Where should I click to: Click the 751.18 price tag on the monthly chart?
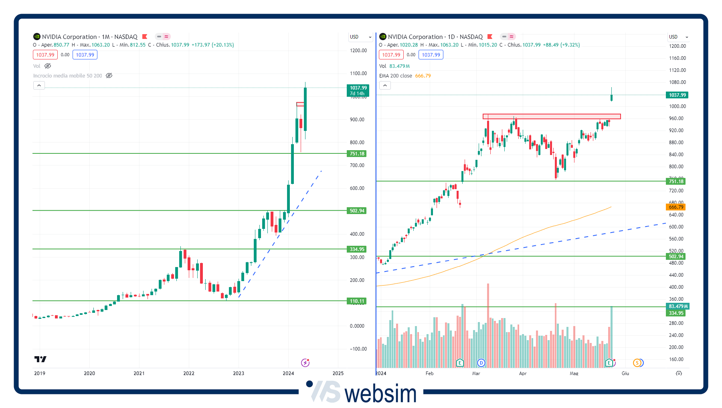pyautogui.click(x=356, y=154)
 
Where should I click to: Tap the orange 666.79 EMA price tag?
pyautogui.click(x=676, y=207)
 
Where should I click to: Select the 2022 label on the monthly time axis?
pyautogui.click(x=189, y=373)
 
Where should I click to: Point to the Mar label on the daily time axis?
pyautogui.click(x=476, y=373)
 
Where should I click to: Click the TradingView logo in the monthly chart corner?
pyautogui.click(x=40, y=359)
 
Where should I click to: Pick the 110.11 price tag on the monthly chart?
pyautogui.click(x=356, y=301)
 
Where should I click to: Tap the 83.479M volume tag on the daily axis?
pyautogui.click(x=678, y=306)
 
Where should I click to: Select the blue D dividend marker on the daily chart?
pyautogui.click(x=481, y=363)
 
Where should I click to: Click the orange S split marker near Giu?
pyautogui.click(x=637, y=363)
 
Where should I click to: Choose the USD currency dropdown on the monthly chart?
pyautogui.click(x=360, y=37)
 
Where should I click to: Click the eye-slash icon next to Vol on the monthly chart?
pyautogui.click(x=48, y=66)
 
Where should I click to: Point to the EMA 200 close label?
pyautogui.click(x=395, y=76)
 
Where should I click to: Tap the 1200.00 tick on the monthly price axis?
pyautogui.click(x=358, y=51)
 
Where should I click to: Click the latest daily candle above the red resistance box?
pyautogui.click(x=611, y=97)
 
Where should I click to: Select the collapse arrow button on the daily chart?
pyautogui.click(x=385, y=86)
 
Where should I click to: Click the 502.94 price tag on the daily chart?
pyautogui.click(x=676, y=257)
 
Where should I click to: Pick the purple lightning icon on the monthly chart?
pyautogui.click(x=305, y=363)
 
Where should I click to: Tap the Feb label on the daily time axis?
pyautogui.click(x=429, y=373)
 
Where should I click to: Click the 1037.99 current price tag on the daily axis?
pyautogui.click(x=677, y=95)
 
